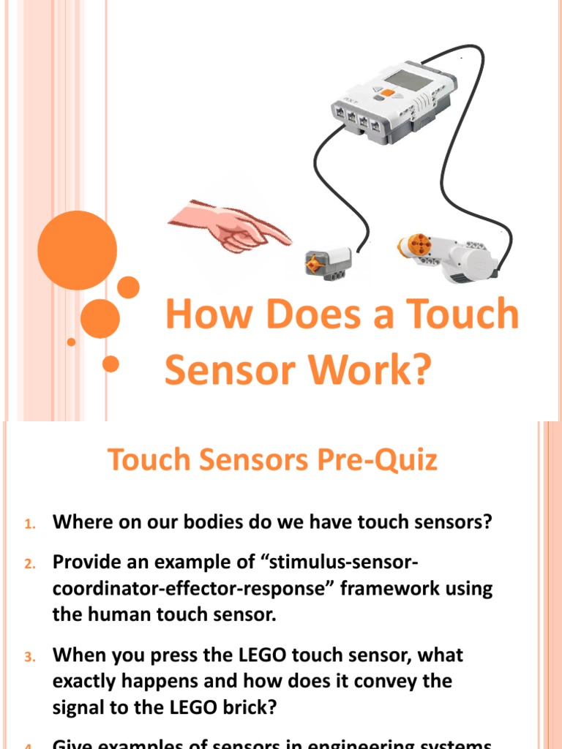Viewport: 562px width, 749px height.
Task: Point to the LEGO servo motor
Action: [446, 257]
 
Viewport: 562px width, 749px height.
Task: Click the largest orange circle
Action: [77, 250]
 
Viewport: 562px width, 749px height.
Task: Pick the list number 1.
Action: [29, 524]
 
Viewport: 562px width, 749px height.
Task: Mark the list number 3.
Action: [29, 657]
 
